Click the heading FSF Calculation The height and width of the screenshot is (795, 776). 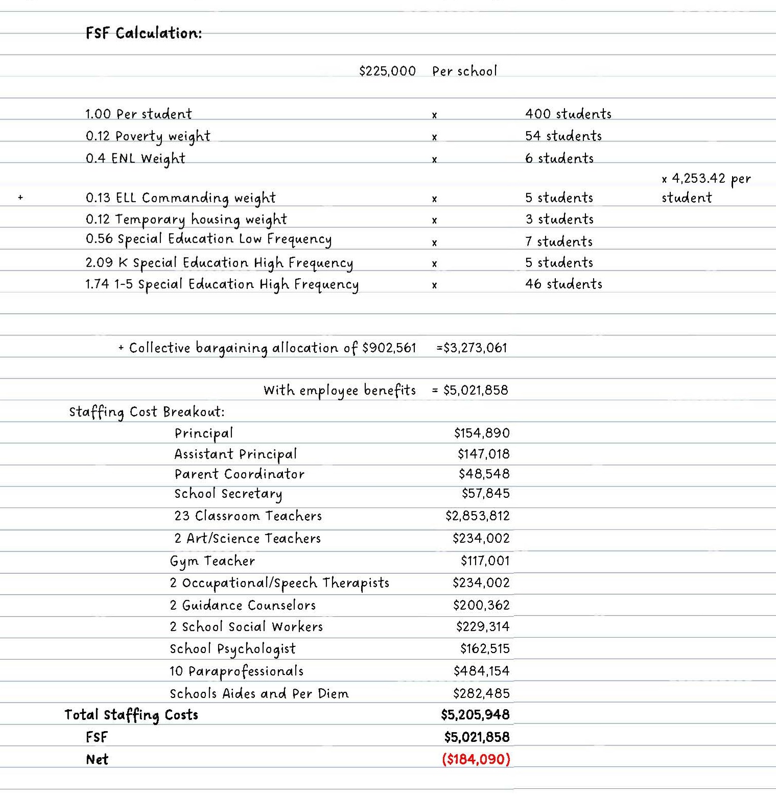(x=144, y=33)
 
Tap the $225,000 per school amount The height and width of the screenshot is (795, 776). (x=387, y=71)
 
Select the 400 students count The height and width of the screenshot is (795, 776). (x=568, y=114)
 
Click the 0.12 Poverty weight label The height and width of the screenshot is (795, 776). (x=148, y=136)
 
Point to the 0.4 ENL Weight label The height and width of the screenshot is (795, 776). (x=135, y=158)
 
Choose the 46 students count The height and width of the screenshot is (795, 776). (x=563, y=284)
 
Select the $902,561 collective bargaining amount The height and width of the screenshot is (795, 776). (x=389, y=348)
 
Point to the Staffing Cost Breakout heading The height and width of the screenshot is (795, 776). (x=147, y=412)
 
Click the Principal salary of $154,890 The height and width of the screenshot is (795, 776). (x=481, y=433)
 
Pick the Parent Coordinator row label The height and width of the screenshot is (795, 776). (x=239, y=474)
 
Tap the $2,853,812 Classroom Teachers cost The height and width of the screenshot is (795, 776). (x=477, y=516)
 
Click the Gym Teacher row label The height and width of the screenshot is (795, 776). (x=212, y=561)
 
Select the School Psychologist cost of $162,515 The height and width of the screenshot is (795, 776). (x=484, y=649)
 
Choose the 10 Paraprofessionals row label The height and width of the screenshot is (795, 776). (x=236, y=671)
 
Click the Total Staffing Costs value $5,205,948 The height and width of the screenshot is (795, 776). (x=475, y=715)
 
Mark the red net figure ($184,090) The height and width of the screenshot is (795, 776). (x=476, y=759)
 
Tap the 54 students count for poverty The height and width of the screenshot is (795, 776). (x=563, y=136)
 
